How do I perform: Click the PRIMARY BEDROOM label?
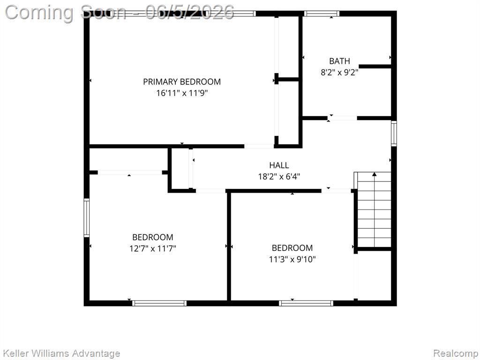click(x=182, y=82)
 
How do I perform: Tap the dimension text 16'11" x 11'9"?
click(x=182, y=93)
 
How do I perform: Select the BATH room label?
click(x=339, y=61)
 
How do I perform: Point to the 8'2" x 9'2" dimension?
click(x=339, y=73)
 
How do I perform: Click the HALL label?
click(x=279, y=165)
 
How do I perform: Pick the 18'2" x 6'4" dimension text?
click(x=279, y=177)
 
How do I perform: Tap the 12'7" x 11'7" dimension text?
click(x=153, y=248)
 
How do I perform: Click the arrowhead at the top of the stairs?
click(x=375, y=174)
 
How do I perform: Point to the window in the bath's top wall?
click(x=322, y=14)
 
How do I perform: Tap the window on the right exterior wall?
click(x=394, y=134)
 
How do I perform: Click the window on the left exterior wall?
click(x=87, y=217)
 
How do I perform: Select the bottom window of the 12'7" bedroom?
click(x=159, y=303)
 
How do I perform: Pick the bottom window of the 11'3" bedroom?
click(x=306, y=303)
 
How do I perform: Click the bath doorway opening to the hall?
click(x=342, y=118)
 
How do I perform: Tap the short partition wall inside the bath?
click(x=375, y=66)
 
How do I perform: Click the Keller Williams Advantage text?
click(x=61, y=353)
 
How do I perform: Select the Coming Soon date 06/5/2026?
click(x=190, y=12)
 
